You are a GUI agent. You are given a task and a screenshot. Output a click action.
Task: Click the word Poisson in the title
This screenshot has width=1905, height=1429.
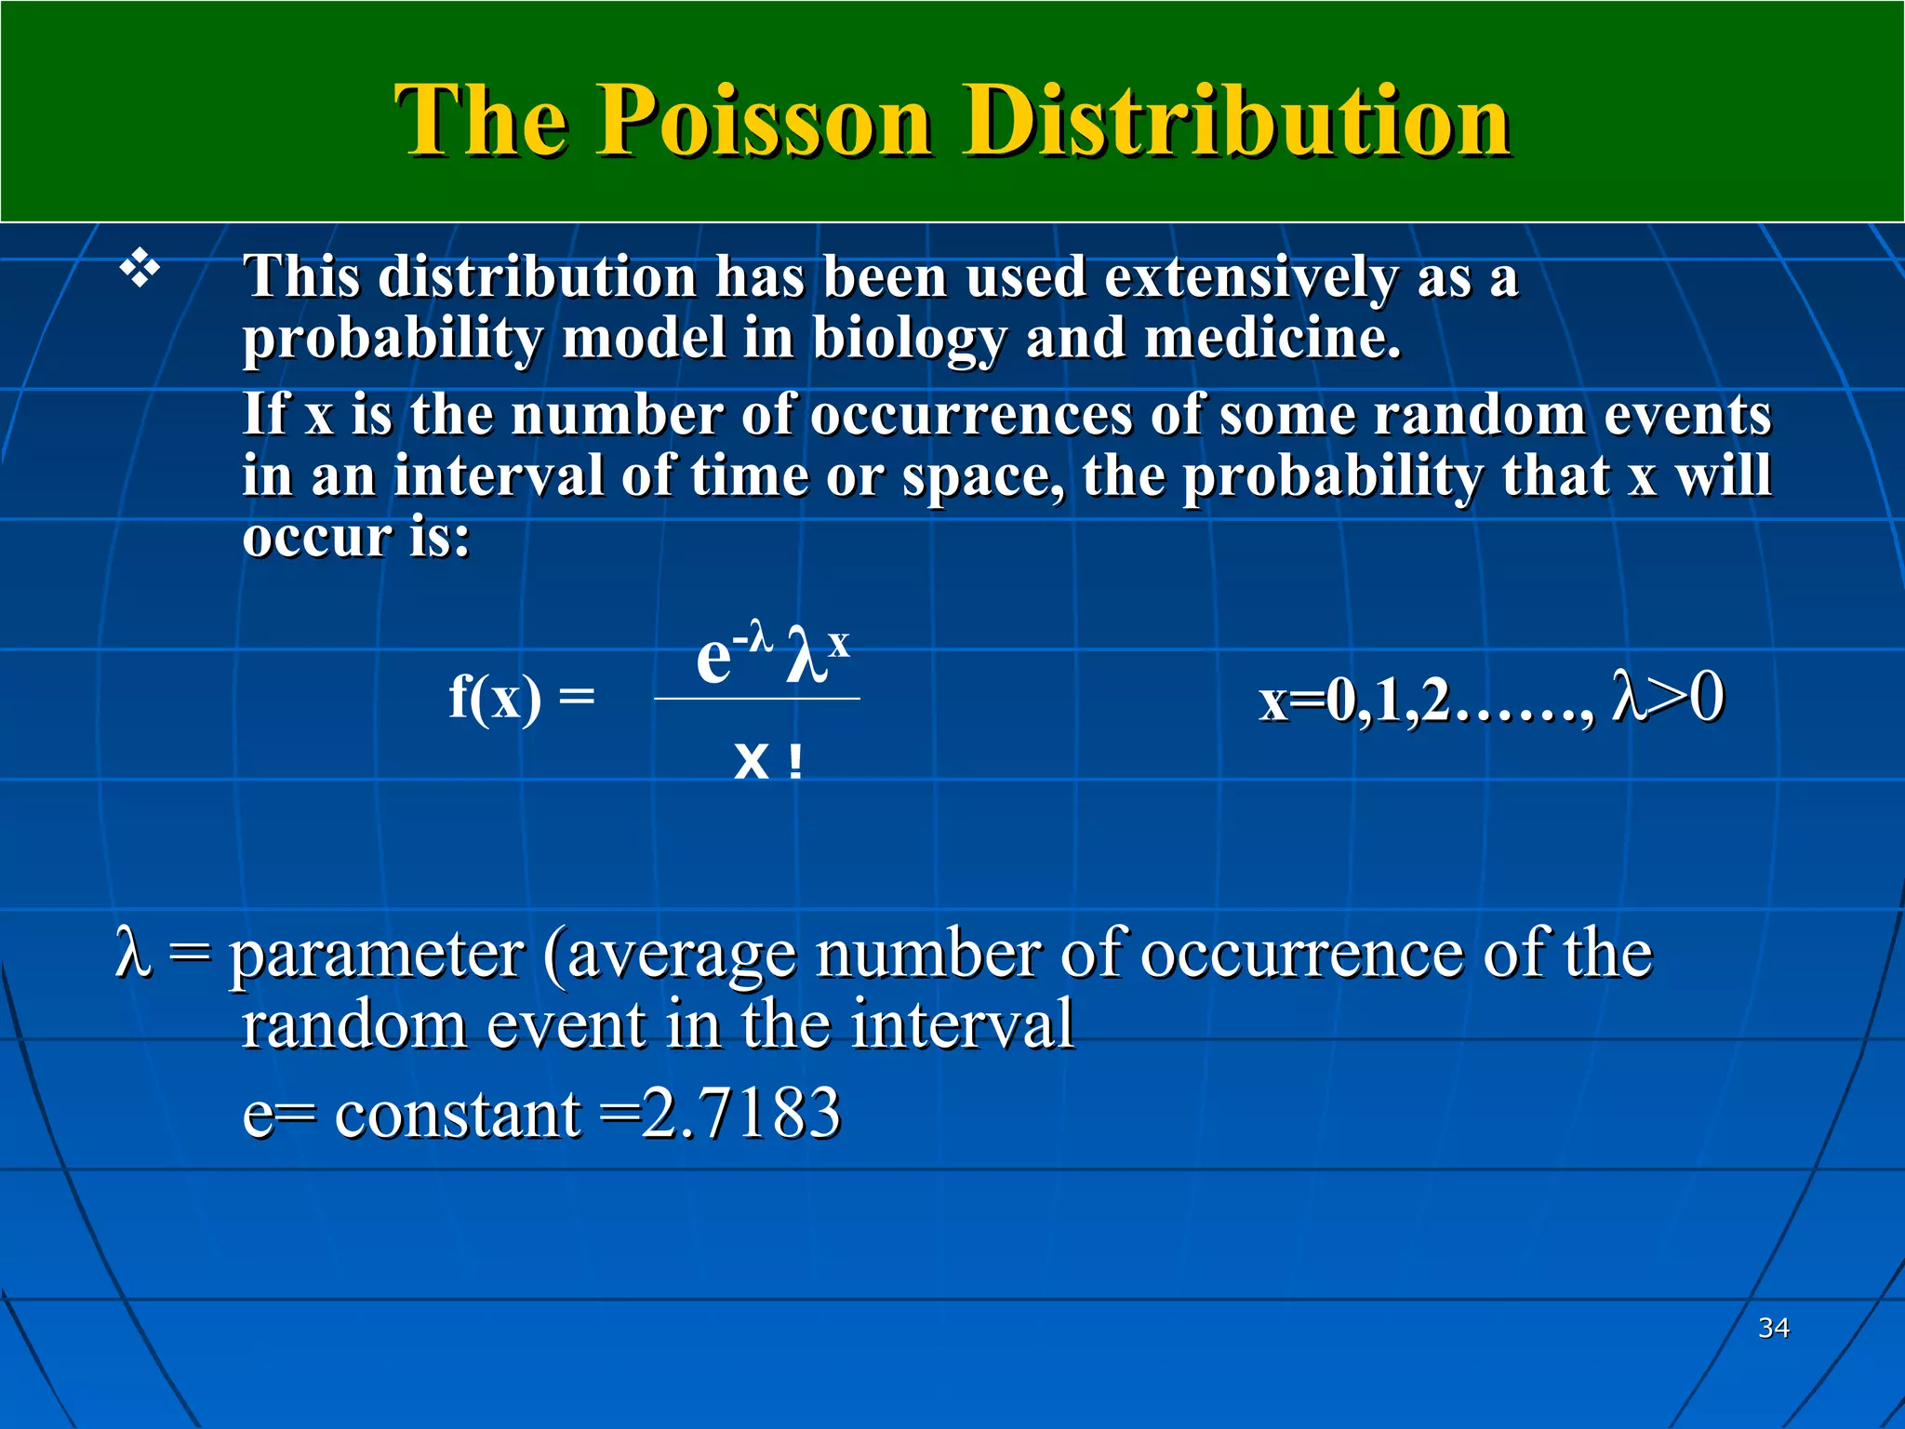pyautogui.click(x=763, y=121)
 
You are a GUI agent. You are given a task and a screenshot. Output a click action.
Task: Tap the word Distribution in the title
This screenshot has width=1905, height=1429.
pyautogui.click(x=1237, y=121)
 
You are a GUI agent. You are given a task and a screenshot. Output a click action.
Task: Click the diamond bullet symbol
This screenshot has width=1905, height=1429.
pyautogui.click(x=140, y=270)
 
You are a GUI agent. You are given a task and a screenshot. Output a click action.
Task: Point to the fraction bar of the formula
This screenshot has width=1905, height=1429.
pyautogui.click(x=757, y=699)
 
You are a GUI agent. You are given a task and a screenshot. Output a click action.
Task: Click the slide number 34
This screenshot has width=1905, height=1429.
pyautogui.click(x=1773, y=1328)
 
